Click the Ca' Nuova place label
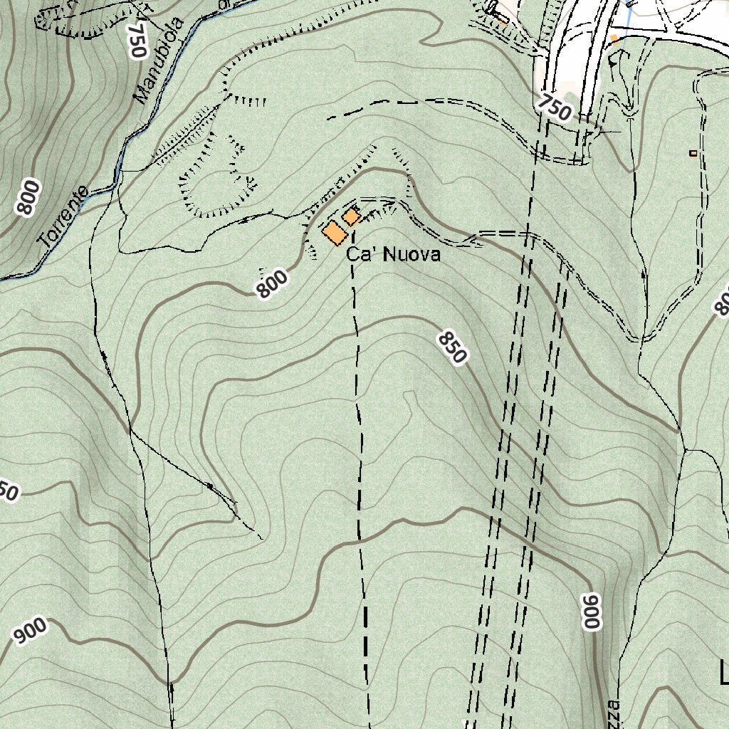393,255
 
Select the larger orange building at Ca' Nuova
335,233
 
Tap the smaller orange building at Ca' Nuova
351,216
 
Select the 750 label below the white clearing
555,107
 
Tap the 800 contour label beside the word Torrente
28,197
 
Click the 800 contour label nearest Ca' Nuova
273,284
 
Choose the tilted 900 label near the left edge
31,631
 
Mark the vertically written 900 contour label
592,611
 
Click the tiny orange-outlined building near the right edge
693,153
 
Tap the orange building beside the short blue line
614,39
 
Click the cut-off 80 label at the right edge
721,303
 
